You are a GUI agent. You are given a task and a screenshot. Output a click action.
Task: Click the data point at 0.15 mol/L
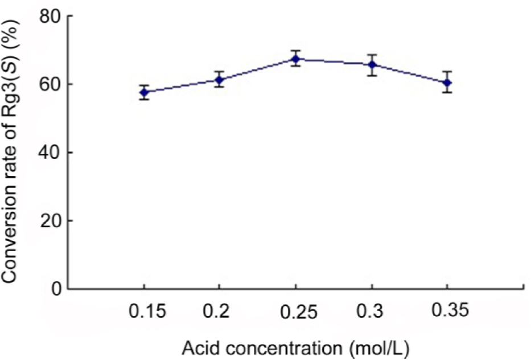(x=144, y=92)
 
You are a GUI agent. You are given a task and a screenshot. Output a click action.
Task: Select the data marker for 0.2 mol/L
(x=219, y=80)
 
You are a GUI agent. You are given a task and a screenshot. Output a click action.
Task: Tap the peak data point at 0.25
(x=295, y=59)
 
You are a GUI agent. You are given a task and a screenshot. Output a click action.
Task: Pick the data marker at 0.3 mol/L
(x=372, y=65)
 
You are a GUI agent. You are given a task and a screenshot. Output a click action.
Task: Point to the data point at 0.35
(x=448, y=83)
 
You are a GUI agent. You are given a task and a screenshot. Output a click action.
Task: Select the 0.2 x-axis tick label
(x=219, y=311)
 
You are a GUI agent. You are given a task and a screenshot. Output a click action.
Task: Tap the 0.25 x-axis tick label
(x=295, y=312)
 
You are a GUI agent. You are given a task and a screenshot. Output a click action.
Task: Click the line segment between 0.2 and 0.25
(x=257, y=69)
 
